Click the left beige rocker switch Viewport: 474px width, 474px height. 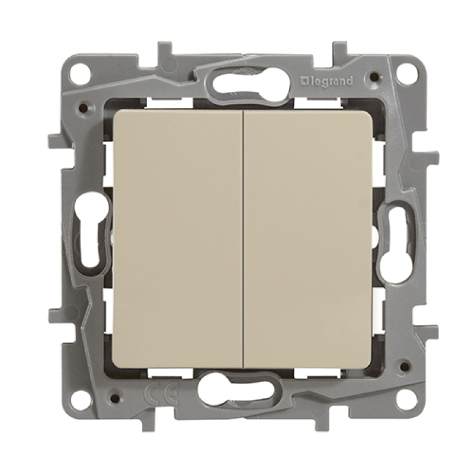pyautogui.click(x=178, y=239)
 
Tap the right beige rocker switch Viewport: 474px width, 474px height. pyautogui.click(x=308, y=239)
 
